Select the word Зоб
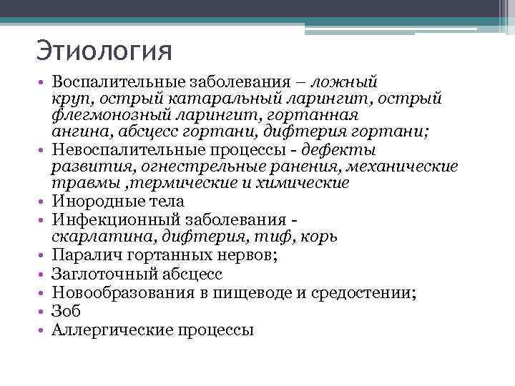point(67,311)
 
